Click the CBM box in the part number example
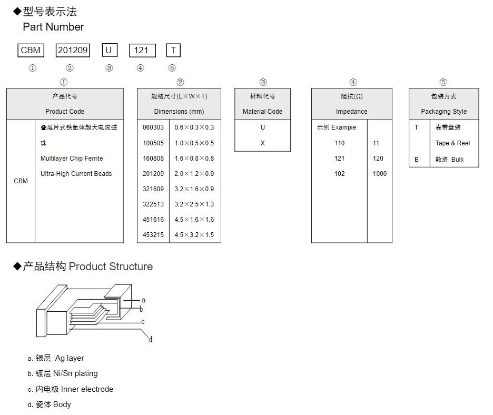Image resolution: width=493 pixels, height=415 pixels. (31, 50)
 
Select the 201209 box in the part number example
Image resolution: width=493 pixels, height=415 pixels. (73, 50)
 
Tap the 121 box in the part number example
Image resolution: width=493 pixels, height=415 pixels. (142, 50)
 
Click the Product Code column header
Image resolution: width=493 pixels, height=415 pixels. (65, 112)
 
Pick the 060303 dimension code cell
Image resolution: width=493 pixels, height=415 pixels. (153, 127)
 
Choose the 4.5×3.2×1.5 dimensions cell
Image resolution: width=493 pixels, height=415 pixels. (194, 235)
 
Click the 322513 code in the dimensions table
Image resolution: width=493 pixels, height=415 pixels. (153, 204)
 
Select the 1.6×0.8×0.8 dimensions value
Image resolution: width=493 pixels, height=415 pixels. (194, 159)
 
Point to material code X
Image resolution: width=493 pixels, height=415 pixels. (262, 143)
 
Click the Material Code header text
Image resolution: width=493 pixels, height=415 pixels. (262, 112)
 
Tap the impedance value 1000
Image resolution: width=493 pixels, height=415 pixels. (379, 174)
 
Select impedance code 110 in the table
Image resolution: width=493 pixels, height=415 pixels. (339, 143)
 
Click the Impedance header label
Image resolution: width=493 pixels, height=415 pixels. (351, 112)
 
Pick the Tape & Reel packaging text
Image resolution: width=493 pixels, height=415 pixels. (452, 143)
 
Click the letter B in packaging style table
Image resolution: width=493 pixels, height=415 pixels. (416, 160)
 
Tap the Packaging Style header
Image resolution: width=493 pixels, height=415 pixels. (443, 112)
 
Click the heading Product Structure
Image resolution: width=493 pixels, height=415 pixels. (111, 266)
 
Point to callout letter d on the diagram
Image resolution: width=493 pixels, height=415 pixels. (150, 340)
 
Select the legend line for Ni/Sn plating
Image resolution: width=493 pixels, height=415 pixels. (63, 373)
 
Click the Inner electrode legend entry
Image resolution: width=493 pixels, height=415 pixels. (71, 389)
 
